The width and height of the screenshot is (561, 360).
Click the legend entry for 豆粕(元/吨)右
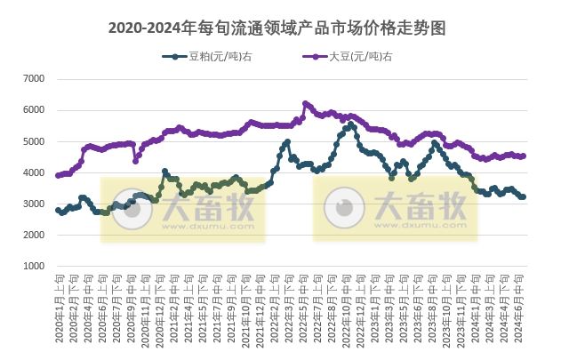209,57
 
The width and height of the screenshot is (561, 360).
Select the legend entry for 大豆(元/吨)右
350,57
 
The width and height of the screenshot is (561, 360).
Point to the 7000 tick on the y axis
33,79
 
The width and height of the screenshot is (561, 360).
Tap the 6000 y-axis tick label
33,110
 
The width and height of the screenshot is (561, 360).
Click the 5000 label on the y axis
33,141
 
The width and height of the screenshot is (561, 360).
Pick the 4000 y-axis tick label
33,172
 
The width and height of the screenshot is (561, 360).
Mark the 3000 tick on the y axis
33,204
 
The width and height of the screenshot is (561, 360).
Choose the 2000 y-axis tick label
33,235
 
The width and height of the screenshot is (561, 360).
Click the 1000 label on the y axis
33,266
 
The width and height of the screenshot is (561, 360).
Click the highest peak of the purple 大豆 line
305,103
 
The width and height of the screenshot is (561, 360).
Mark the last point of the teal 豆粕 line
523,196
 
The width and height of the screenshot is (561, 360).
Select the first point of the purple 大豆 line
58,175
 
